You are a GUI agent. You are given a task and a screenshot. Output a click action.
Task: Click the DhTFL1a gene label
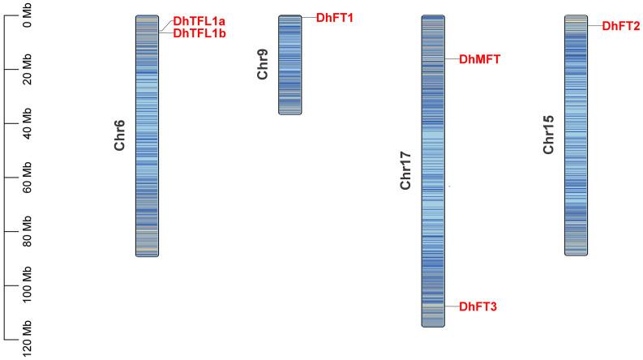pyautogui.click(x=199, y=21)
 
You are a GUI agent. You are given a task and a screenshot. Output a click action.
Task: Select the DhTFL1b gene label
pyautogui.click(x=199, y=33)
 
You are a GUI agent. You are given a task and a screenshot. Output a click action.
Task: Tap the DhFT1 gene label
pyautogui.click(x=335, y=17)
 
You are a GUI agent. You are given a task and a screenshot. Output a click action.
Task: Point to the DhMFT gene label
pyautogui.click(x=480, y=58)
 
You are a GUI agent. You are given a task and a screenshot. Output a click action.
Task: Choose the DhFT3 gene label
pyautogui.click(x=478, y=306)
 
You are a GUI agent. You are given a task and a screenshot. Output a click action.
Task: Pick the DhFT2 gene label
pyautogui.click(x=621, y=26)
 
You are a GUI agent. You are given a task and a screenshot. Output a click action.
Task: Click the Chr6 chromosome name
pyautogui.click(x=120, y=135)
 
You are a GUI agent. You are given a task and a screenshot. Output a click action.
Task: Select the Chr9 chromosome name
pyautogui.click(x=263, y=63)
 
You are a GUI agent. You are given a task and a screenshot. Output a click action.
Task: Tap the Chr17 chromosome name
pyautogui.click(x=406, y=170)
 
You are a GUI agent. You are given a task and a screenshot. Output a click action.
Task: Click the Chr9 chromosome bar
pyautogui.click(x=289, y=64)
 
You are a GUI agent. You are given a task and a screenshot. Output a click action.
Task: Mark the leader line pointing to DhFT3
pyautogui.click(x=451, y=306)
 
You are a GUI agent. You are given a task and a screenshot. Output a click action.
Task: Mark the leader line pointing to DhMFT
pyautogui.click(x=451, y=58)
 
